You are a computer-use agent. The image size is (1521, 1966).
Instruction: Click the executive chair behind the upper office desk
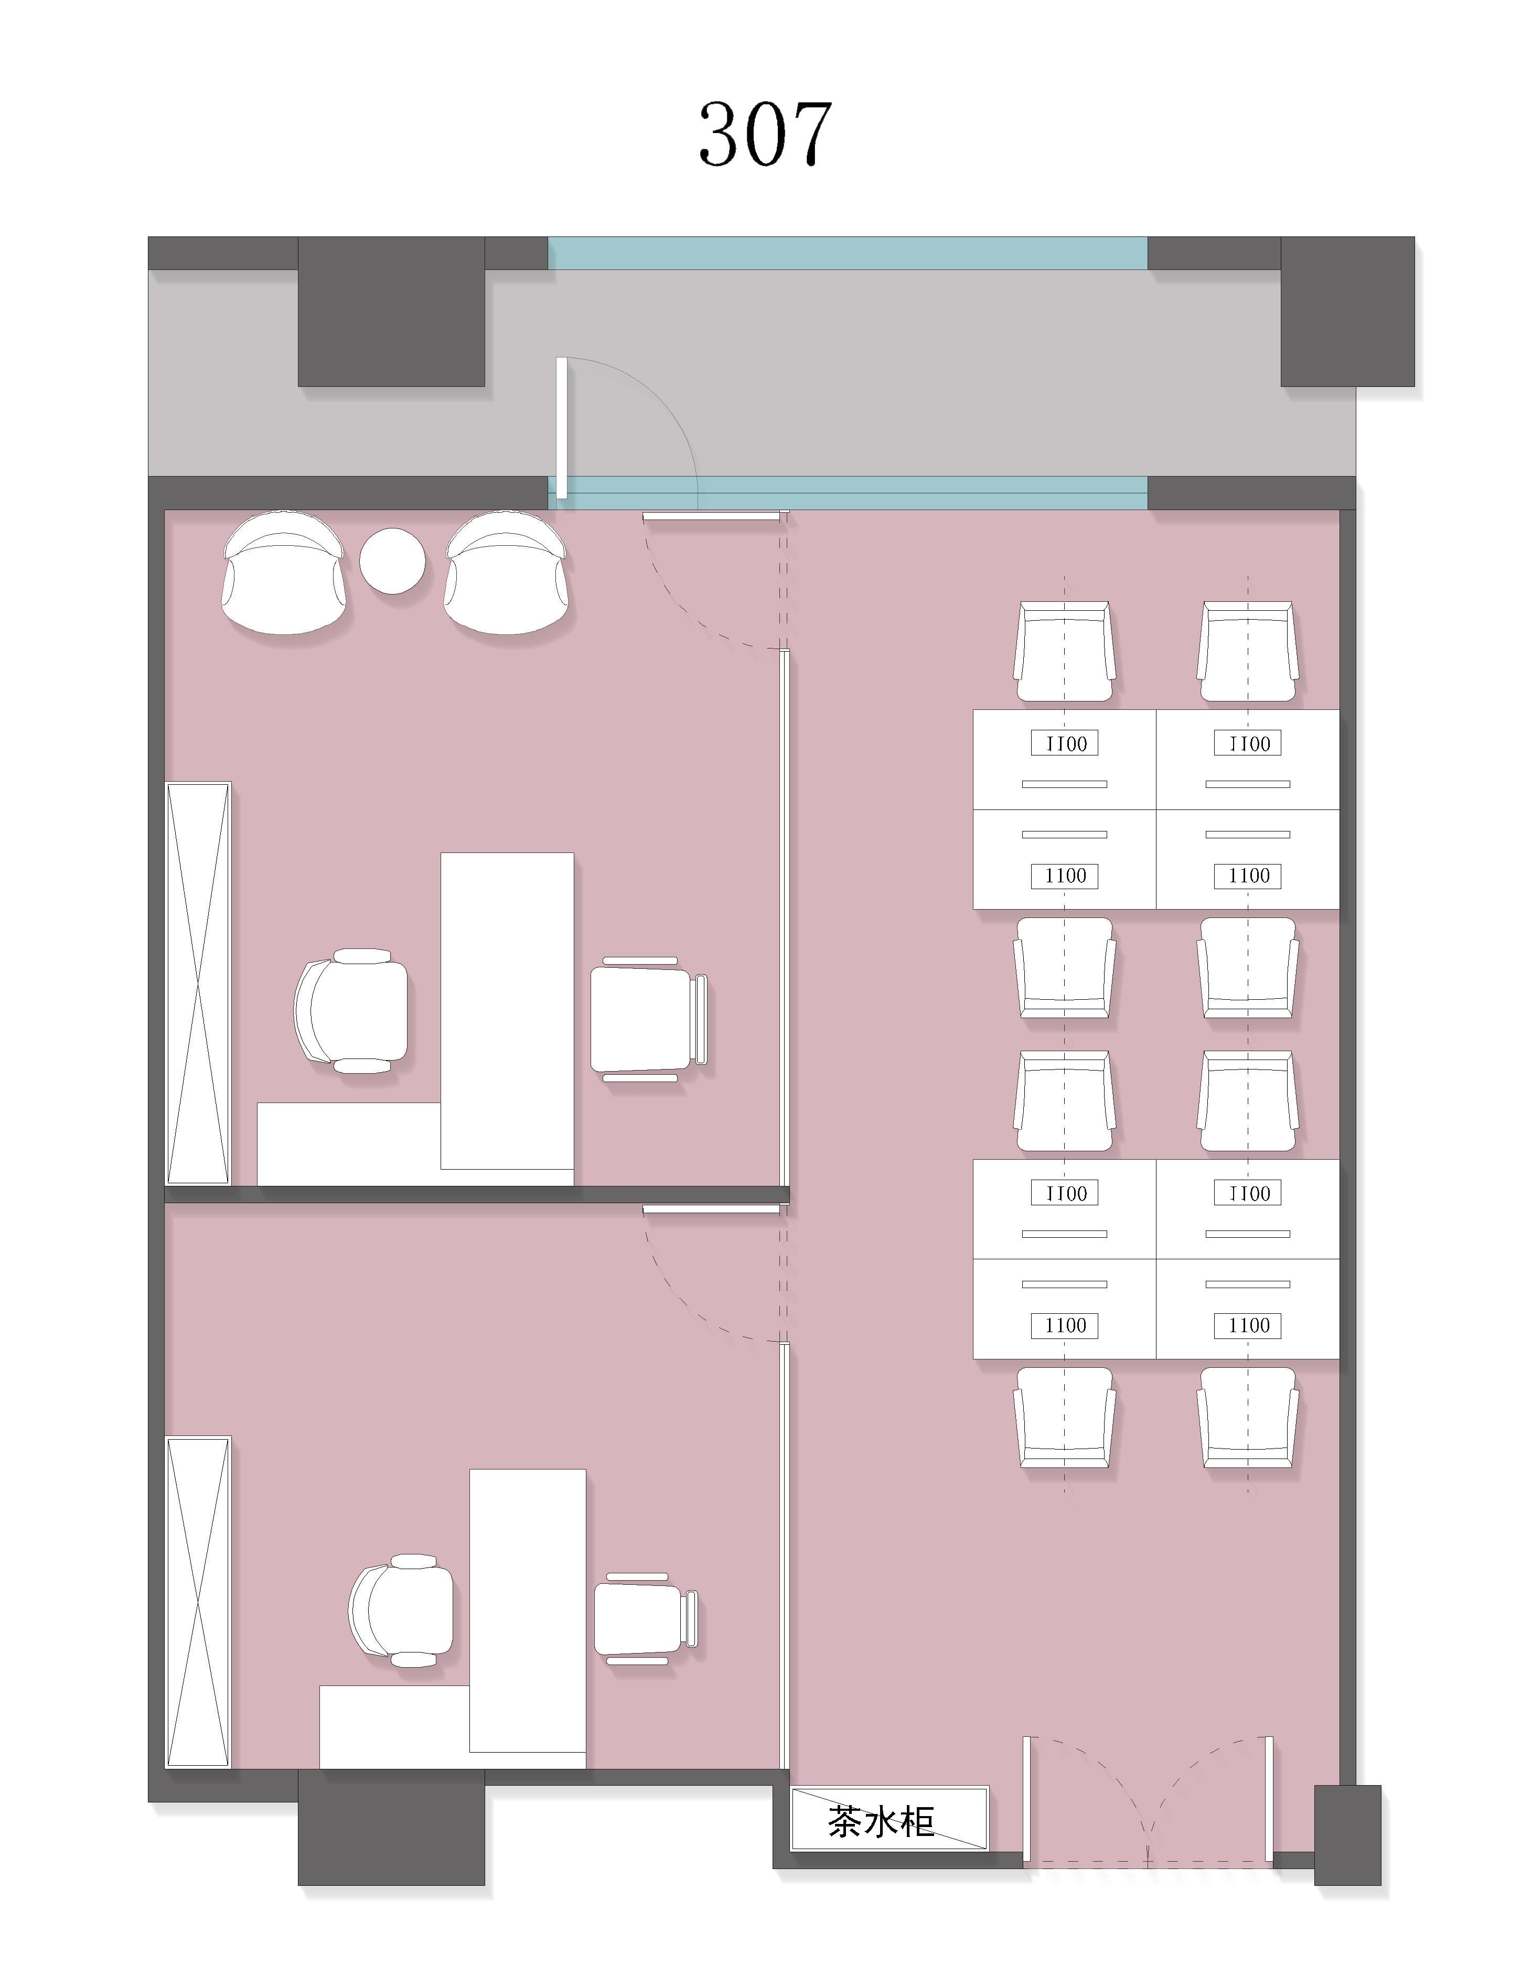click(x=351, y=1011)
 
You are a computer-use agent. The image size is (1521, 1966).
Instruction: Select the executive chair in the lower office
click(x=401, y=1611)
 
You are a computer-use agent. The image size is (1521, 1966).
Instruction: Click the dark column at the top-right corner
click(x=1347, y=311)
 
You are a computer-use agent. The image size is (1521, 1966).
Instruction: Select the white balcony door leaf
click(x=562, y=428)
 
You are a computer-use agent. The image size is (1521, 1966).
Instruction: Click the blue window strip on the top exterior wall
click(x=848, y=253)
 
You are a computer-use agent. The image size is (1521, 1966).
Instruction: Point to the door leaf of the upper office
click(x=711, y=517)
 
